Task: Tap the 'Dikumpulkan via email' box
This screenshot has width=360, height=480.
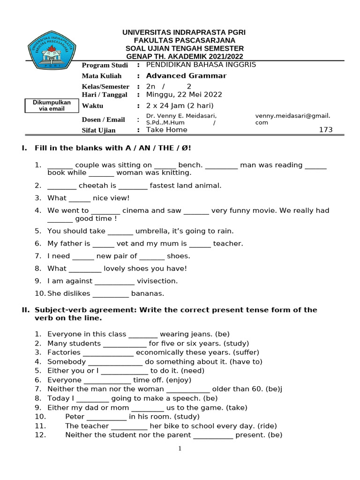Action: (52, 105)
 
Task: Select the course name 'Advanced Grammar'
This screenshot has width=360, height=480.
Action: (186, 75)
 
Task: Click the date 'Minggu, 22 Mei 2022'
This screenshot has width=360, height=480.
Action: (184, 94)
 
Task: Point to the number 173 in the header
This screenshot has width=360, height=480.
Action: (325, 130)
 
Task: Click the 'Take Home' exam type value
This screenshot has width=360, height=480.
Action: (166, 130)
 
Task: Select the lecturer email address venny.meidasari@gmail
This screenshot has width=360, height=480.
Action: (292, 116)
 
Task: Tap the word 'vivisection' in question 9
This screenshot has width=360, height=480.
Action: (157, 281)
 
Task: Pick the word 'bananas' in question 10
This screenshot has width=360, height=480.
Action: (148, 293)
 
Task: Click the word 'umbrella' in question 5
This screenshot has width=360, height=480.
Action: (150, 231)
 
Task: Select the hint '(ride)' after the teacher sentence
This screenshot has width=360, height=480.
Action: (266, 426)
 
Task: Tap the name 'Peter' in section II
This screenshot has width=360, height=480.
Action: (75, 416)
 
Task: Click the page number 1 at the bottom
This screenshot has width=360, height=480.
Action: (180, 449)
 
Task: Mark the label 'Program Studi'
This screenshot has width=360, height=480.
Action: (105, 65)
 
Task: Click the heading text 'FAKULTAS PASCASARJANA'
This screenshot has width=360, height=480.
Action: (184, 40)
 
